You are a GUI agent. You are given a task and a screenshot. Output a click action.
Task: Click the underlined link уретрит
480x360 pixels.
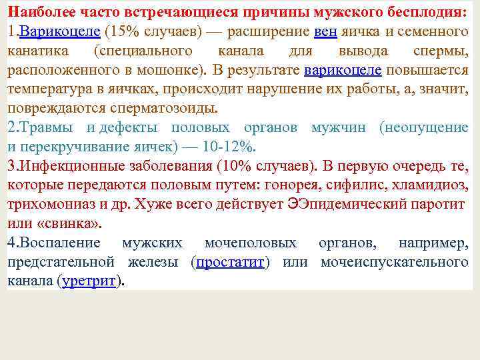pyautogui.click(x=89, y=281)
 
